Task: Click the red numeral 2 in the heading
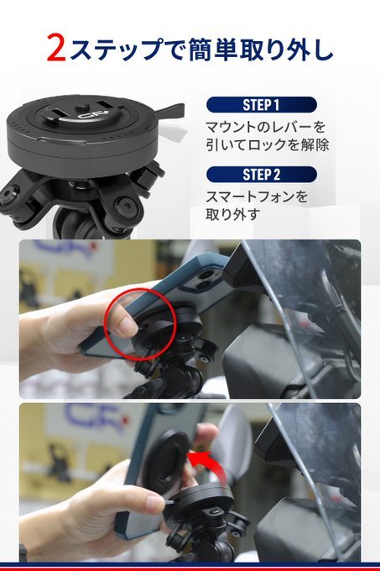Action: pos(56,47)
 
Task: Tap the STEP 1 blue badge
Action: pos(261,105)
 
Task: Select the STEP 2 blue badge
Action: pos(261,175)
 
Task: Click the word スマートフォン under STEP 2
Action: pos(250,197)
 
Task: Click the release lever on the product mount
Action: pos(170,111)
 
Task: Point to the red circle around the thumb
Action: pos(140,324)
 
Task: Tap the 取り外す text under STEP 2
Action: pos(233,214)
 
